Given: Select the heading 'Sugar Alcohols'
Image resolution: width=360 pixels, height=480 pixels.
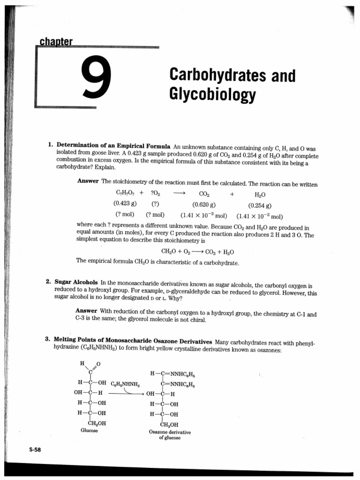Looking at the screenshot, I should click(76, 282).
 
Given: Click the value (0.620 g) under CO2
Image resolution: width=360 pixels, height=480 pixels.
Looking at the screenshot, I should click(204, 204).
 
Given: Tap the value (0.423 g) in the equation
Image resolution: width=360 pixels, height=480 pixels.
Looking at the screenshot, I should click(125, 204).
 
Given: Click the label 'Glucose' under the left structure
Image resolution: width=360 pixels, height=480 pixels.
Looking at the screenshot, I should click(89, 430).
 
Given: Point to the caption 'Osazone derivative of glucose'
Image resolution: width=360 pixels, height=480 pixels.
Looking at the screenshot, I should click(170, 435).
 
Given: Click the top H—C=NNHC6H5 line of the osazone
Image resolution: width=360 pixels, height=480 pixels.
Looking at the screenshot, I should click(172, 374).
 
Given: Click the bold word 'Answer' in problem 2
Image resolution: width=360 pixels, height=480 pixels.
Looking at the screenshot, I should click(87, 311).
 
